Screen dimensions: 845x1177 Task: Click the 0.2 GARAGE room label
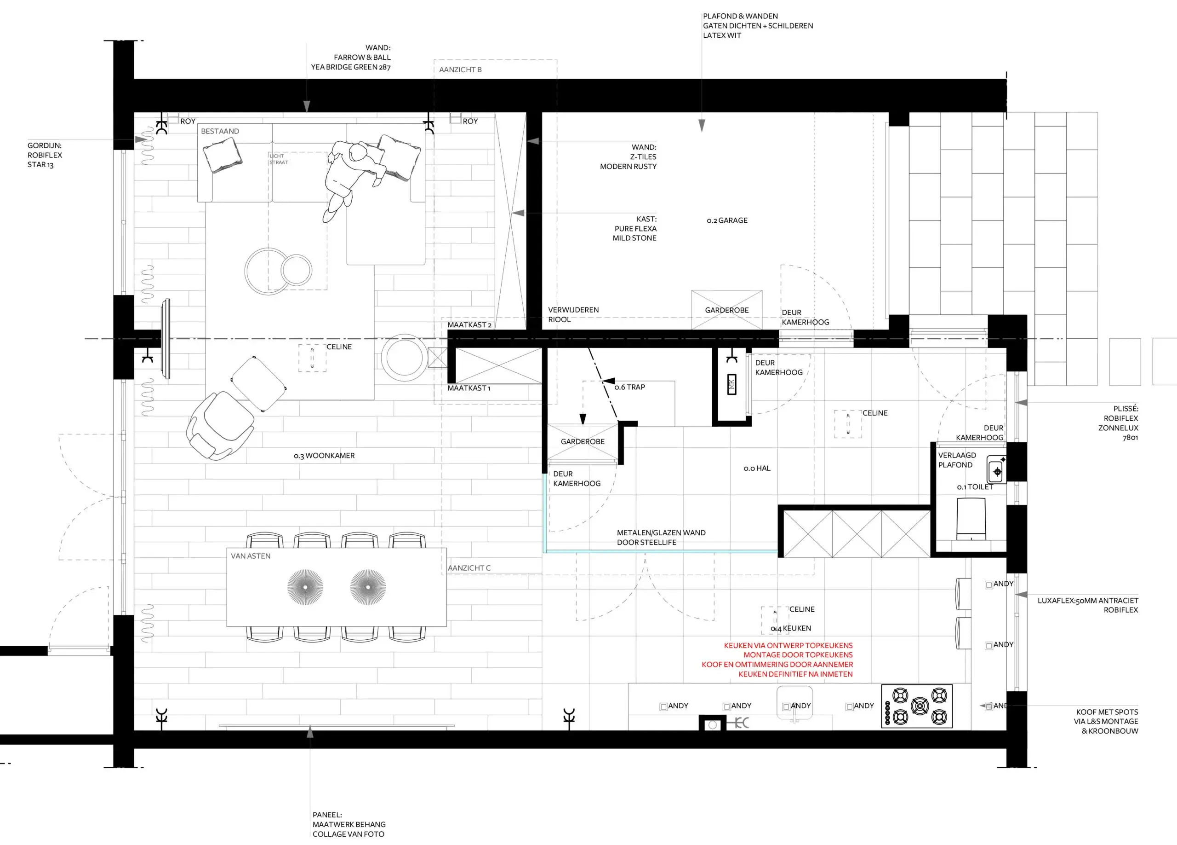tap(726, 220)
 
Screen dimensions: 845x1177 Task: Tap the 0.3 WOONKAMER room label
tap(324, 456)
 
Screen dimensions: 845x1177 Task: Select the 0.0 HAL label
tap(757, 468)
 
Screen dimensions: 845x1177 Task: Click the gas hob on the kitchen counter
tap(916, 706)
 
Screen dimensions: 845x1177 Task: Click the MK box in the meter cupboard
tap(732, 384)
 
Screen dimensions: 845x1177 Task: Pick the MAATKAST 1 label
tap(469, 388)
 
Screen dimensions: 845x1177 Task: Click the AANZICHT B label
tap(460, 69)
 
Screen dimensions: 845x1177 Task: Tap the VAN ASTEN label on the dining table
tap(250, 556)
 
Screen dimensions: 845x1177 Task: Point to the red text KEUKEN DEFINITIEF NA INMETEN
tap(795, 674)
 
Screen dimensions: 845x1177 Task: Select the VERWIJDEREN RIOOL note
tap(573, 314)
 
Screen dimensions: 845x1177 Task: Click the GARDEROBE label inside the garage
tap(726, 310)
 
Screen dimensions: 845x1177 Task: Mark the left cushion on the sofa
tap(222, 154)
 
